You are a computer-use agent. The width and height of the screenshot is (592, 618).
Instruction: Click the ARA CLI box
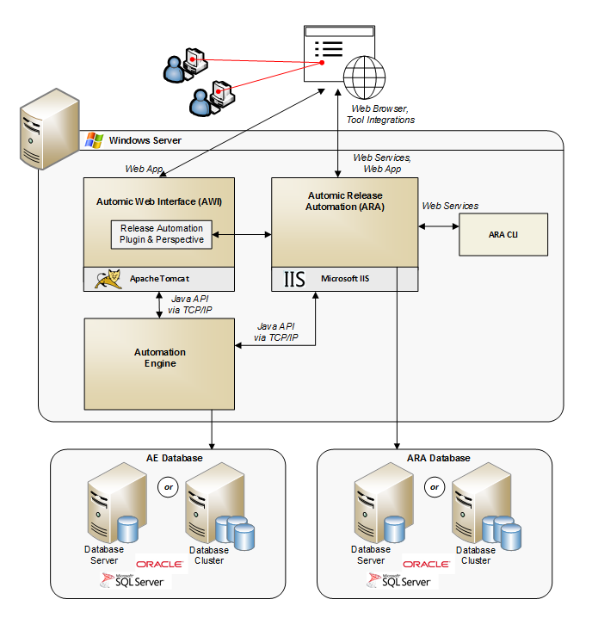(x=503, y=234)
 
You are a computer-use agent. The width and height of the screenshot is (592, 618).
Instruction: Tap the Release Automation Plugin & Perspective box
(x=161, y=234)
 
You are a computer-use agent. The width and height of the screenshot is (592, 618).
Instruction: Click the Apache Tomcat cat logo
(x=108, y=279)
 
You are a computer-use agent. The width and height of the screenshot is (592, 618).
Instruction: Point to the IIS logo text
(x=294, y=279)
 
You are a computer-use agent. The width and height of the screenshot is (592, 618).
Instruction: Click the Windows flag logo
(x=93, y=139)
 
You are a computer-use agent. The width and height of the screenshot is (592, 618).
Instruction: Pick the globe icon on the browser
(x=361, y=76)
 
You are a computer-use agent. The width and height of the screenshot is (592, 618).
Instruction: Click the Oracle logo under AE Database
(x=160, y=564)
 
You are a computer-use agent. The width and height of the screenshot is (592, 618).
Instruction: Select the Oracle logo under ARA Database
(x=426, y=564)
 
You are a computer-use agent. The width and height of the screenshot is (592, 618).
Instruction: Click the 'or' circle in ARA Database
(x=435, y=487)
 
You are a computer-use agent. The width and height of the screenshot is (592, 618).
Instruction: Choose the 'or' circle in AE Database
(x=169, y=487)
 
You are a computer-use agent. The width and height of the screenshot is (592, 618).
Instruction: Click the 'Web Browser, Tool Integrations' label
(x=383, y=114)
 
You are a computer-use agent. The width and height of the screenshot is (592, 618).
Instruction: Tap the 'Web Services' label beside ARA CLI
(x=450, y=206)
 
